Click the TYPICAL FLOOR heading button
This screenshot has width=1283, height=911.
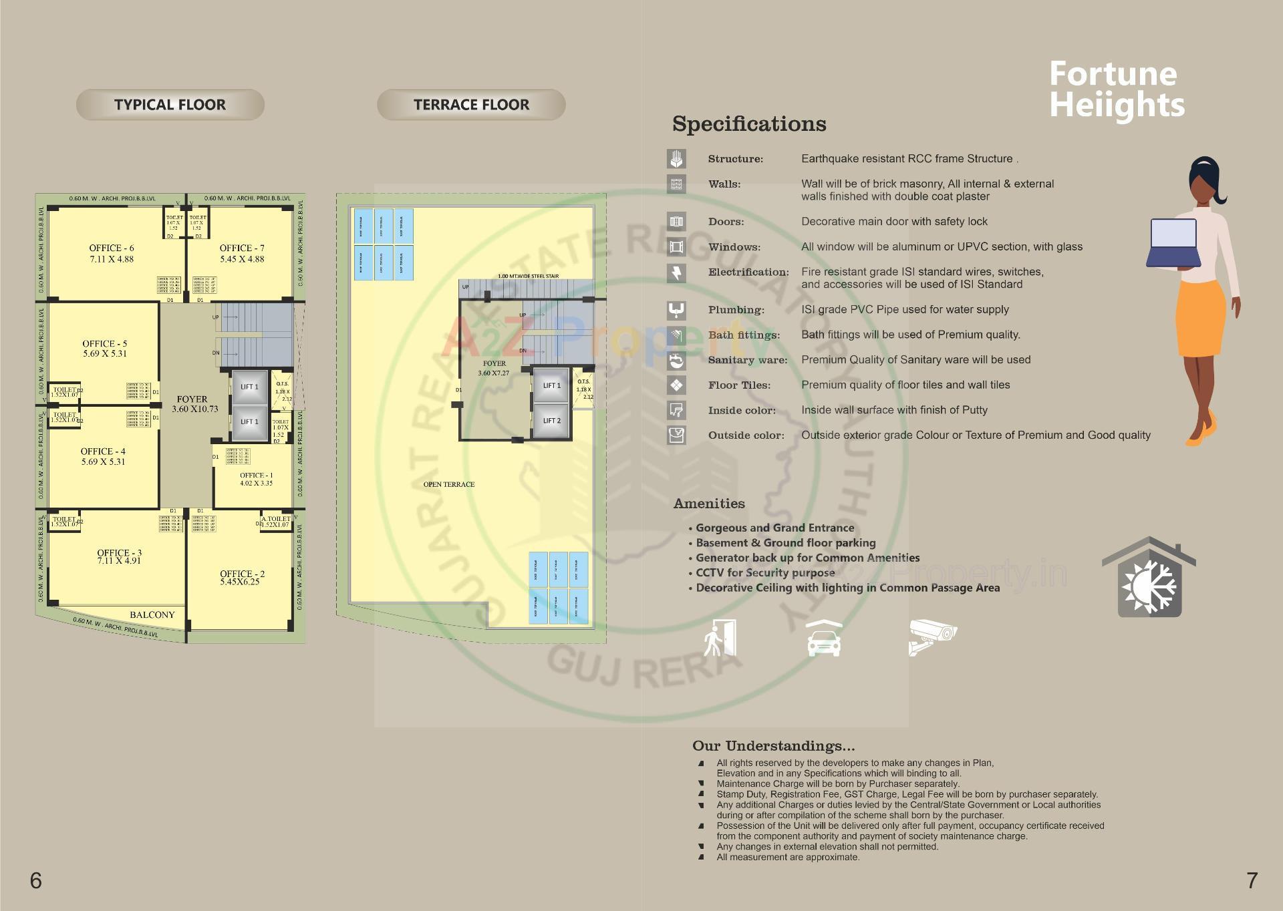170,105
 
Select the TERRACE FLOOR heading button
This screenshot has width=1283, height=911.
471,105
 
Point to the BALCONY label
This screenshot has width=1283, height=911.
152,614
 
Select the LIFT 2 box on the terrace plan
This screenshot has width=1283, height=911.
551,421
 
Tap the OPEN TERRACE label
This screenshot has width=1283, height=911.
448,484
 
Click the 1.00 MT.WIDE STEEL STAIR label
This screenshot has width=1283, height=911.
528,276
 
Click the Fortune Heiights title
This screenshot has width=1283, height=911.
1116,89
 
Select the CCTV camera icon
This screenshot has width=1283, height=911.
932,637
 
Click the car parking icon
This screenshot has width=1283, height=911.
824,639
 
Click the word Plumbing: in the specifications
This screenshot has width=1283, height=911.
736,310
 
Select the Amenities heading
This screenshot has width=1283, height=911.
708,504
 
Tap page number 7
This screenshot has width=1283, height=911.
1252,880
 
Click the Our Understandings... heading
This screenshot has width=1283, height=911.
773,745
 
